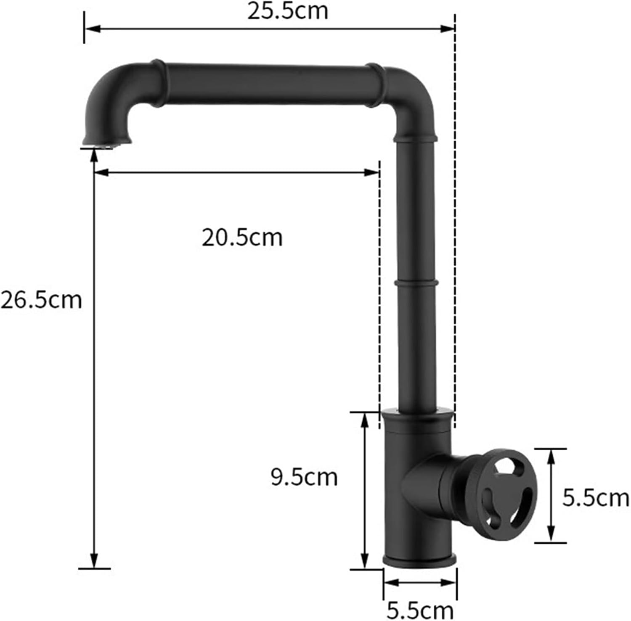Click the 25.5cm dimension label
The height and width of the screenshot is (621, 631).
coord(287,11)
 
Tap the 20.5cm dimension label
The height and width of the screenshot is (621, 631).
coord(242,238)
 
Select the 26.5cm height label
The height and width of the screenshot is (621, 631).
coord(41,300)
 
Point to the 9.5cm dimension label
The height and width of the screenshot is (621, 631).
coord(304,477)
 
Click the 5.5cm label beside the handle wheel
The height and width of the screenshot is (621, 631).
coord(596,498)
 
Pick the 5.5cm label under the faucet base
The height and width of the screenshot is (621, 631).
coord(420,610)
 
